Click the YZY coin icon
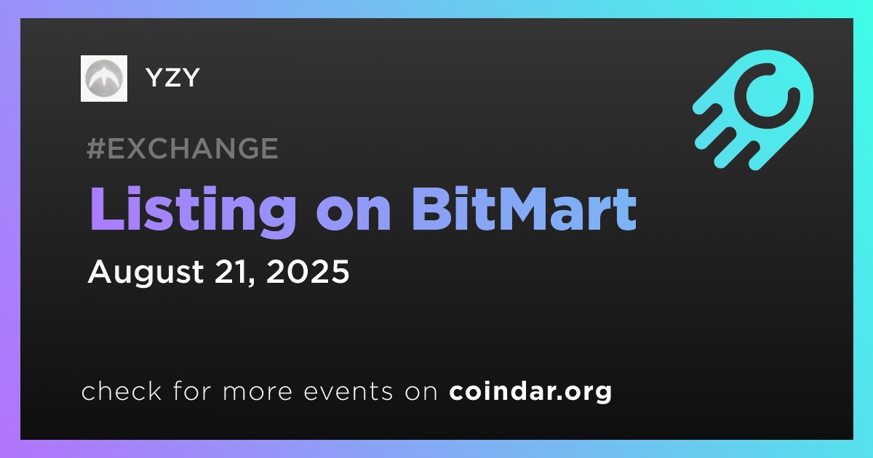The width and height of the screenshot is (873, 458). (103, 79)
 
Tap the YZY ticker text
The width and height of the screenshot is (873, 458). (172, 78)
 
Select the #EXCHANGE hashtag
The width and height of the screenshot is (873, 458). (183, 148)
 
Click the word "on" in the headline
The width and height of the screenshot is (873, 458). (354, 215)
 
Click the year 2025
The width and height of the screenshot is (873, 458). (308, 271)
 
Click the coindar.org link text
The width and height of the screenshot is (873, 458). (530, 392)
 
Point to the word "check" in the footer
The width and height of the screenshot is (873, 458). (121, 390)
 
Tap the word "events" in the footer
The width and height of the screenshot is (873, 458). (348, 392)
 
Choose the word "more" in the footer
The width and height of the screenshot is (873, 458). (258, 393)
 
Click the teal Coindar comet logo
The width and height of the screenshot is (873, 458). (754, 110)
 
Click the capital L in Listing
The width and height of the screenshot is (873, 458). (107, 209)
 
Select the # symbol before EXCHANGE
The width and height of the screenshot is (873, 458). (95, 148)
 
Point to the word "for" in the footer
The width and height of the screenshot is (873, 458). (192, 390)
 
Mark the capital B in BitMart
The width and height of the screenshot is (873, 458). (432, 209)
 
